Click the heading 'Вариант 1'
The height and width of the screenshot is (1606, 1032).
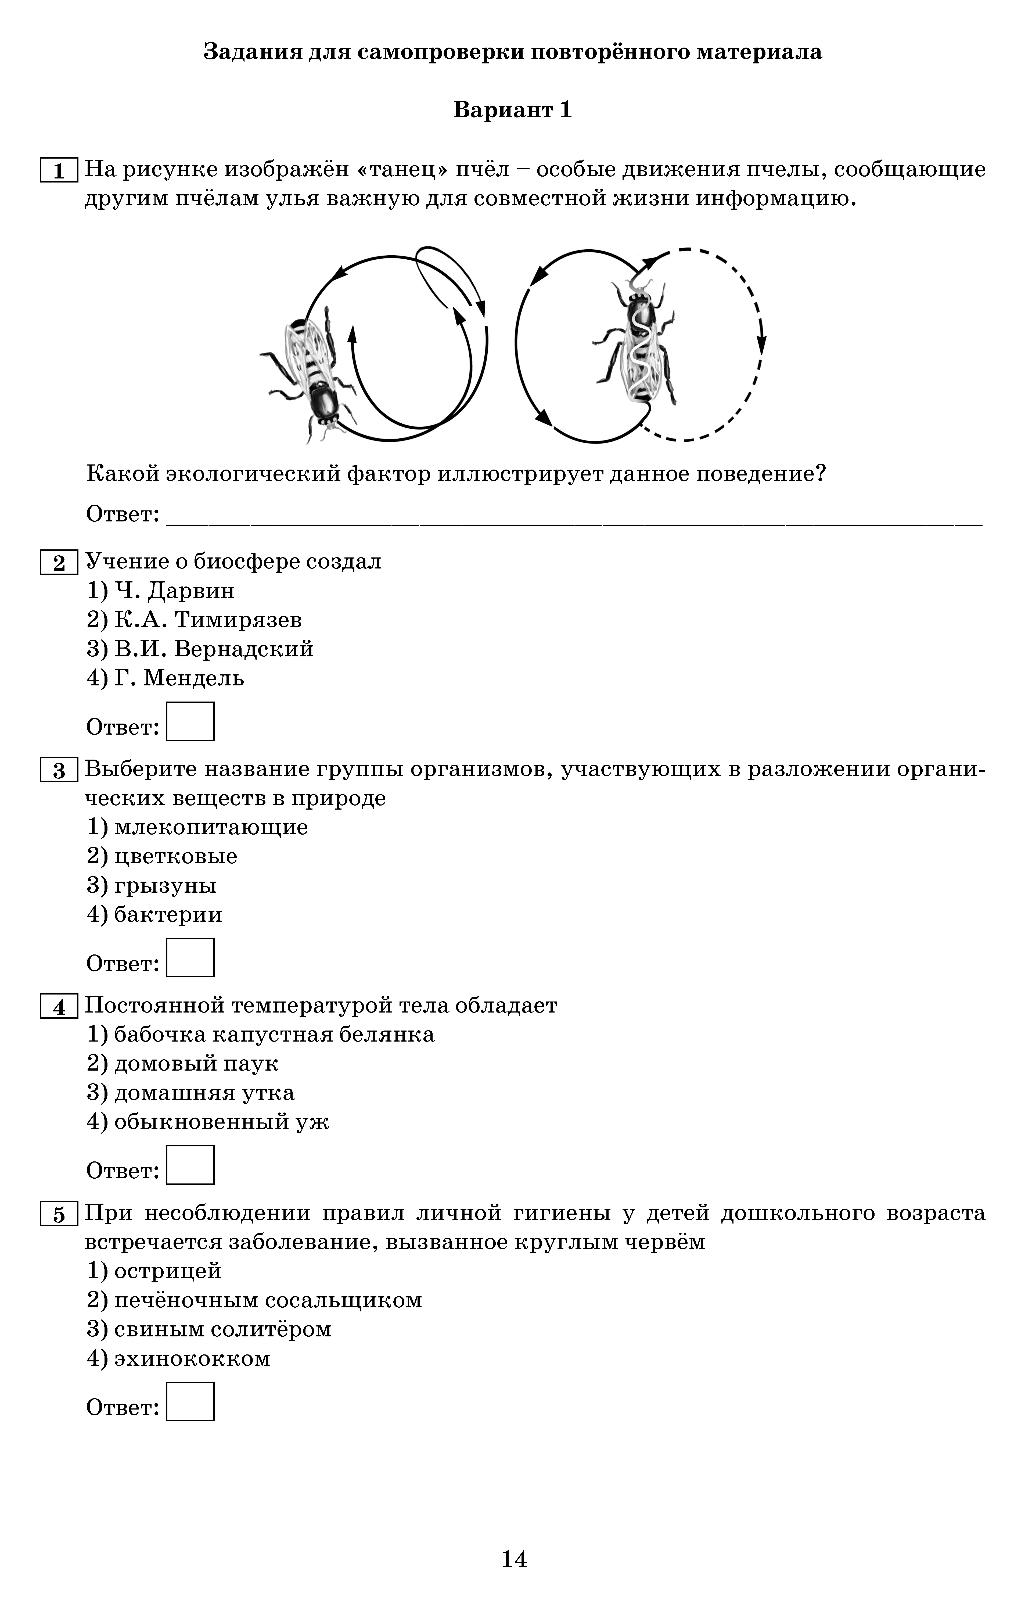[x=513, y=110]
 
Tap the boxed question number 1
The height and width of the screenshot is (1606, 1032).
[x=59, y=170]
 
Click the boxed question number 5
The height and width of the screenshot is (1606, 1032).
[x=59, y=1215]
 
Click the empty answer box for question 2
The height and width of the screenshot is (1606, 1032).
[x=190, y=721]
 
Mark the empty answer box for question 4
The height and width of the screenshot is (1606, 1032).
[x=190, y=1165]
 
